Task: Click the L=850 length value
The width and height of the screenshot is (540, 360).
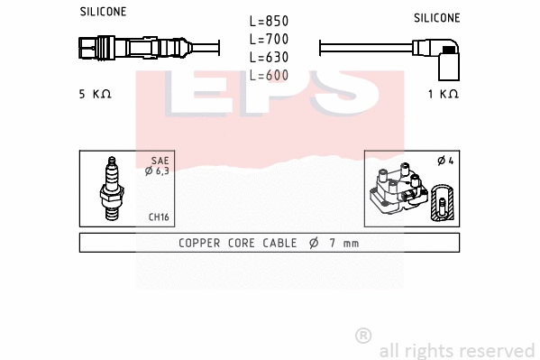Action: coord(269,21)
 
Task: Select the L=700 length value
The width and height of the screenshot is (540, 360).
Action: coord(269,39)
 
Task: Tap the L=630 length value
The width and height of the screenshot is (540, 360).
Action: coord(269,57)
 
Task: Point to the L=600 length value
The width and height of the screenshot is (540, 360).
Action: coord(269,75)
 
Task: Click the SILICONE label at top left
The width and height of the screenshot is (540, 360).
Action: coord(103,12)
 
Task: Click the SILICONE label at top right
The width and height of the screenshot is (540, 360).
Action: coord(436,17)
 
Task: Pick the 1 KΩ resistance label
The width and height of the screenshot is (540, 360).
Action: coord(443,94)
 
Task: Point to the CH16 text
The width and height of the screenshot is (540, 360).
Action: coord(159,217)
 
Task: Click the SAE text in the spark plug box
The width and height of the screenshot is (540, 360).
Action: coord(160,160)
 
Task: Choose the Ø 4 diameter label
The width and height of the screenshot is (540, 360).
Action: coord(444,161)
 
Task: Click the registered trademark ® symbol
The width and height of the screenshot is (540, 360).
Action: coord(363,336)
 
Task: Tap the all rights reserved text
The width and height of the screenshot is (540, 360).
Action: coord(456,350)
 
